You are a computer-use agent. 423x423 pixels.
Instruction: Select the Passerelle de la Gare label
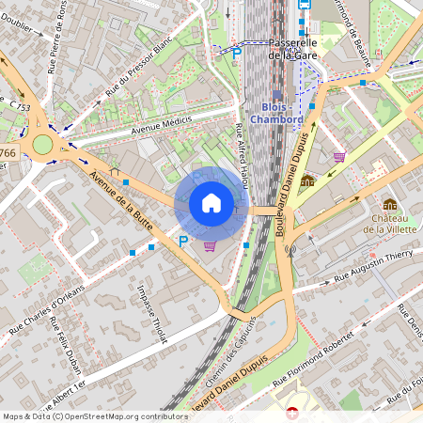[x=292, y=50]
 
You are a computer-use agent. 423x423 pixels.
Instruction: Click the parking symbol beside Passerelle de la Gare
[x=237, y=55]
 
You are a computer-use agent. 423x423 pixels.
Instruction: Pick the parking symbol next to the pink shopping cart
[x=183, y=243]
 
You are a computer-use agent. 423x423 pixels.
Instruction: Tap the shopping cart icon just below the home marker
[x=210, y=245]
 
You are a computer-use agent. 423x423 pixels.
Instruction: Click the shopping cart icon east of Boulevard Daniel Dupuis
[x=338, y=156]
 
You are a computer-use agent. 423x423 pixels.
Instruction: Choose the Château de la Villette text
[x=389, y=222]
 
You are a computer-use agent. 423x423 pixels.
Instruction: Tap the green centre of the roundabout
[x=43, y=144]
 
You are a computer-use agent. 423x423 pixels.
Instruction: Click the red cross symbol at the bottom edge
[x=292, y=414]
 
